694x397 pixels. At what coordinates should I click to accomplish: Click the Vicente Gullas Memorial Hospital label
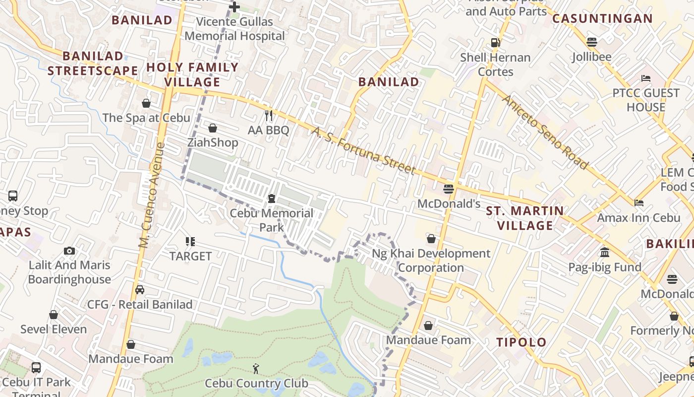(x=235, y=29)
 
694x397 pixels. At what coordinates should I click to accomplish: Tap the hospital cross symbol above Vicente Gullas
(x=234, y=7)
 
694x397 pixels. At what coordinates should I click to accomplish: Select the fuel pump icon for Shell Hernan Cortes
(x=495, y=43)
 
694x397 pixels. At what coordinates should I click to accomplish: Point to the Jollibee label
(x=591, y=57)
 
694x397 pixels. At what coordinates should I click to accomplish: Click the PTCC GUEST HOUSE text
(x=645, y=100)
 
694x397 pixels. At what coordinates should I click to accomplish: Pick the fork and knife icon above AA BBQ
(x=269, y=116)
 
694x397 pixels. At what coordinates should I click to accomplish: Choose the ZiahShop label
(x=213, y=143)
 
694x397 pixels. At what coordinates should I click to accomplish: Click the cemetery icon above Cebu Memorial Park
(x=272, y=199)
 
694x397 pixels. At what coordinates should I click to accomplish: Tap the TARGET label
(x=190, y=256)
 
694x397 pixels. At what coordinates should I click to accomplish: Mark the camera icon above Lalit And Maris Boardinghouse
(x=69, y=251)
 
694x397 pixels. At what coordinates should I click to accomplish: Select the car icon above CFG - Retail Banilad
(x=140, y=290)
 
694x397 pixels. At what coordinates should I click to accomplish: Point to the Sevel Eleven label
(x=54, y=329)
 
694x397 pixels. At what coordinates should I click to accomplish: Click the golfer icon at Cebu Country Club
(x=256, y=368)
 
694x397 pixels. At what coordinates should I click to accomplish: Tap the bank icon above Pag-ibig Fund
(x=605, y=253)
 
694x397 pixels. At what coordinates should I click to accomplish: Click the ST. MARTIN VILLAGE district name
(x=525, y=218)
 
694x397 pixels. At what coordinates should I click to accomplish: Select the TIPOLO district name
(x=521, y=342)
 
